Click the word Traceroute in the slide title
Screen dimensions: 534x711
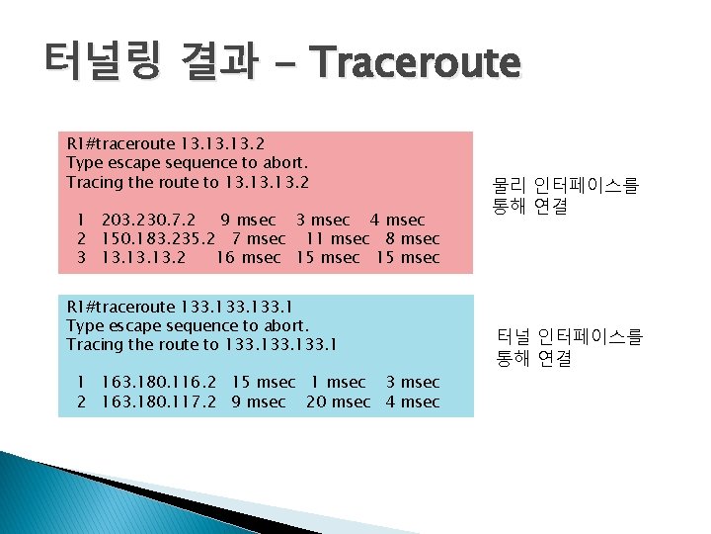point(414,62)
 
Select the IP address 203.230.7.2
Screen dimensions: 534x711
point(148,220)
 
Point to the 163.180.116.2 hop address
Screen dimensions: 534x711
point(159,382)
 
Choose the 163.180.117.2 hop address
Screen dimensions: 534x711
point(159,401)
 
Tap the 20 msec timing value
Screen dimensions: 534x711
point(338,401)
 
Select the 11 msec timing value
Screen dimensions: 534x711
point(337,238)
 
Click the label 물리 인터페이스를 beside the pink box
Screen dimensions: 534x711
point(566,185)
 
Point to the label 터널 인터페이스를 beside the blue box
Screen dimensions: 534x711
point(568,338)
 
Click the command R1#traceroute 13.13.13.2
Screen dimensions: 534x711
point(166,142)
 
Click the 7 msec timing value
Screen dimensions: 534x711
point(259,238)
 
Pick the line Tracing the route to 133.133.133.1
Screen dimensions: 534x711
point(201,344)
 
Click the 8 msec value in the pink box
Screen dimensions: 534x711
point(412,238)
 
